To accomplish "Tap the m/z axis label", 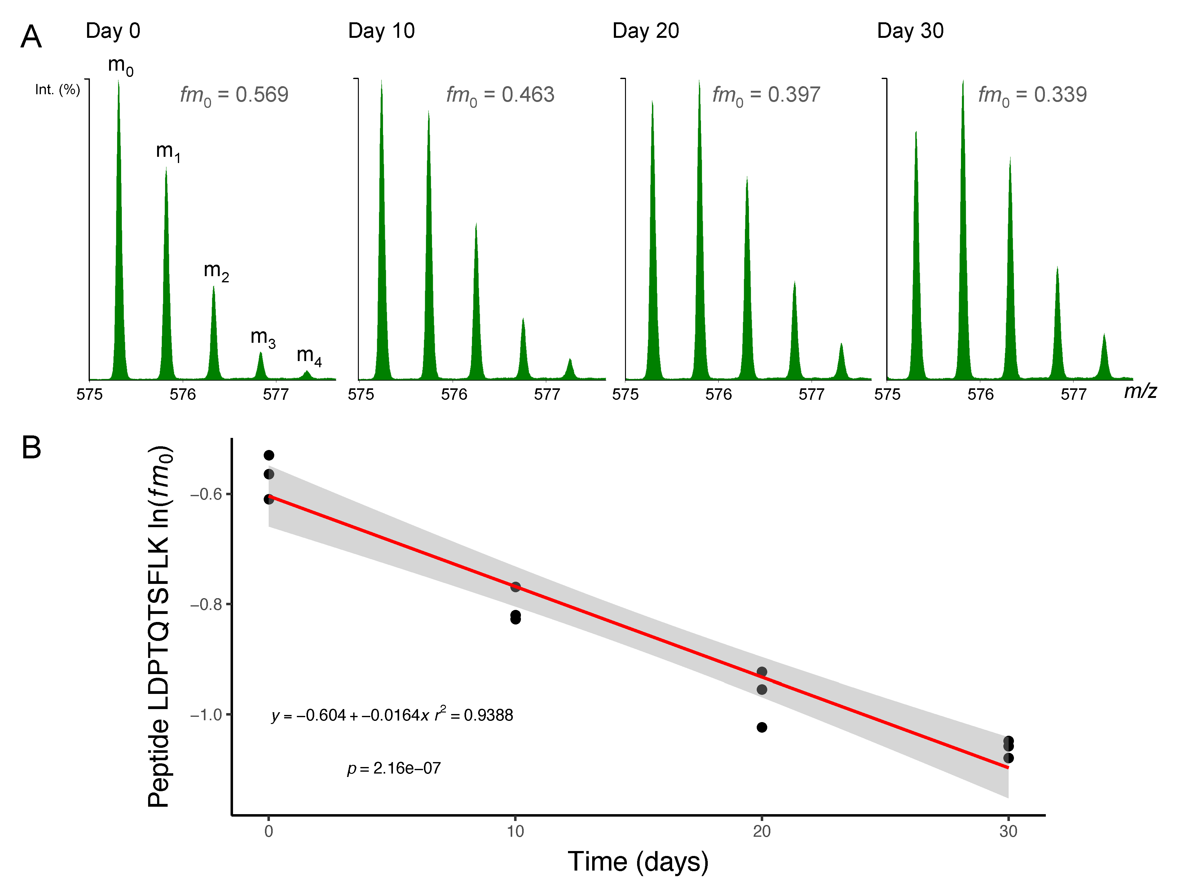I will [1140, 391].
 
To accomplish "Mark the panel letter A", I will [31, 37].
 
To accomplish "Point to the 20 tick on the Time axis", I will [761, 831].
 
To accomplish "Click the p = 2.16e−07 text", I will [394, 768].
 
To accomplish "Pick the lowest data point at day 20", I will [761, 727].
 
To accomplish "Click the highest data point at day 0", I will [269, 455].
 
